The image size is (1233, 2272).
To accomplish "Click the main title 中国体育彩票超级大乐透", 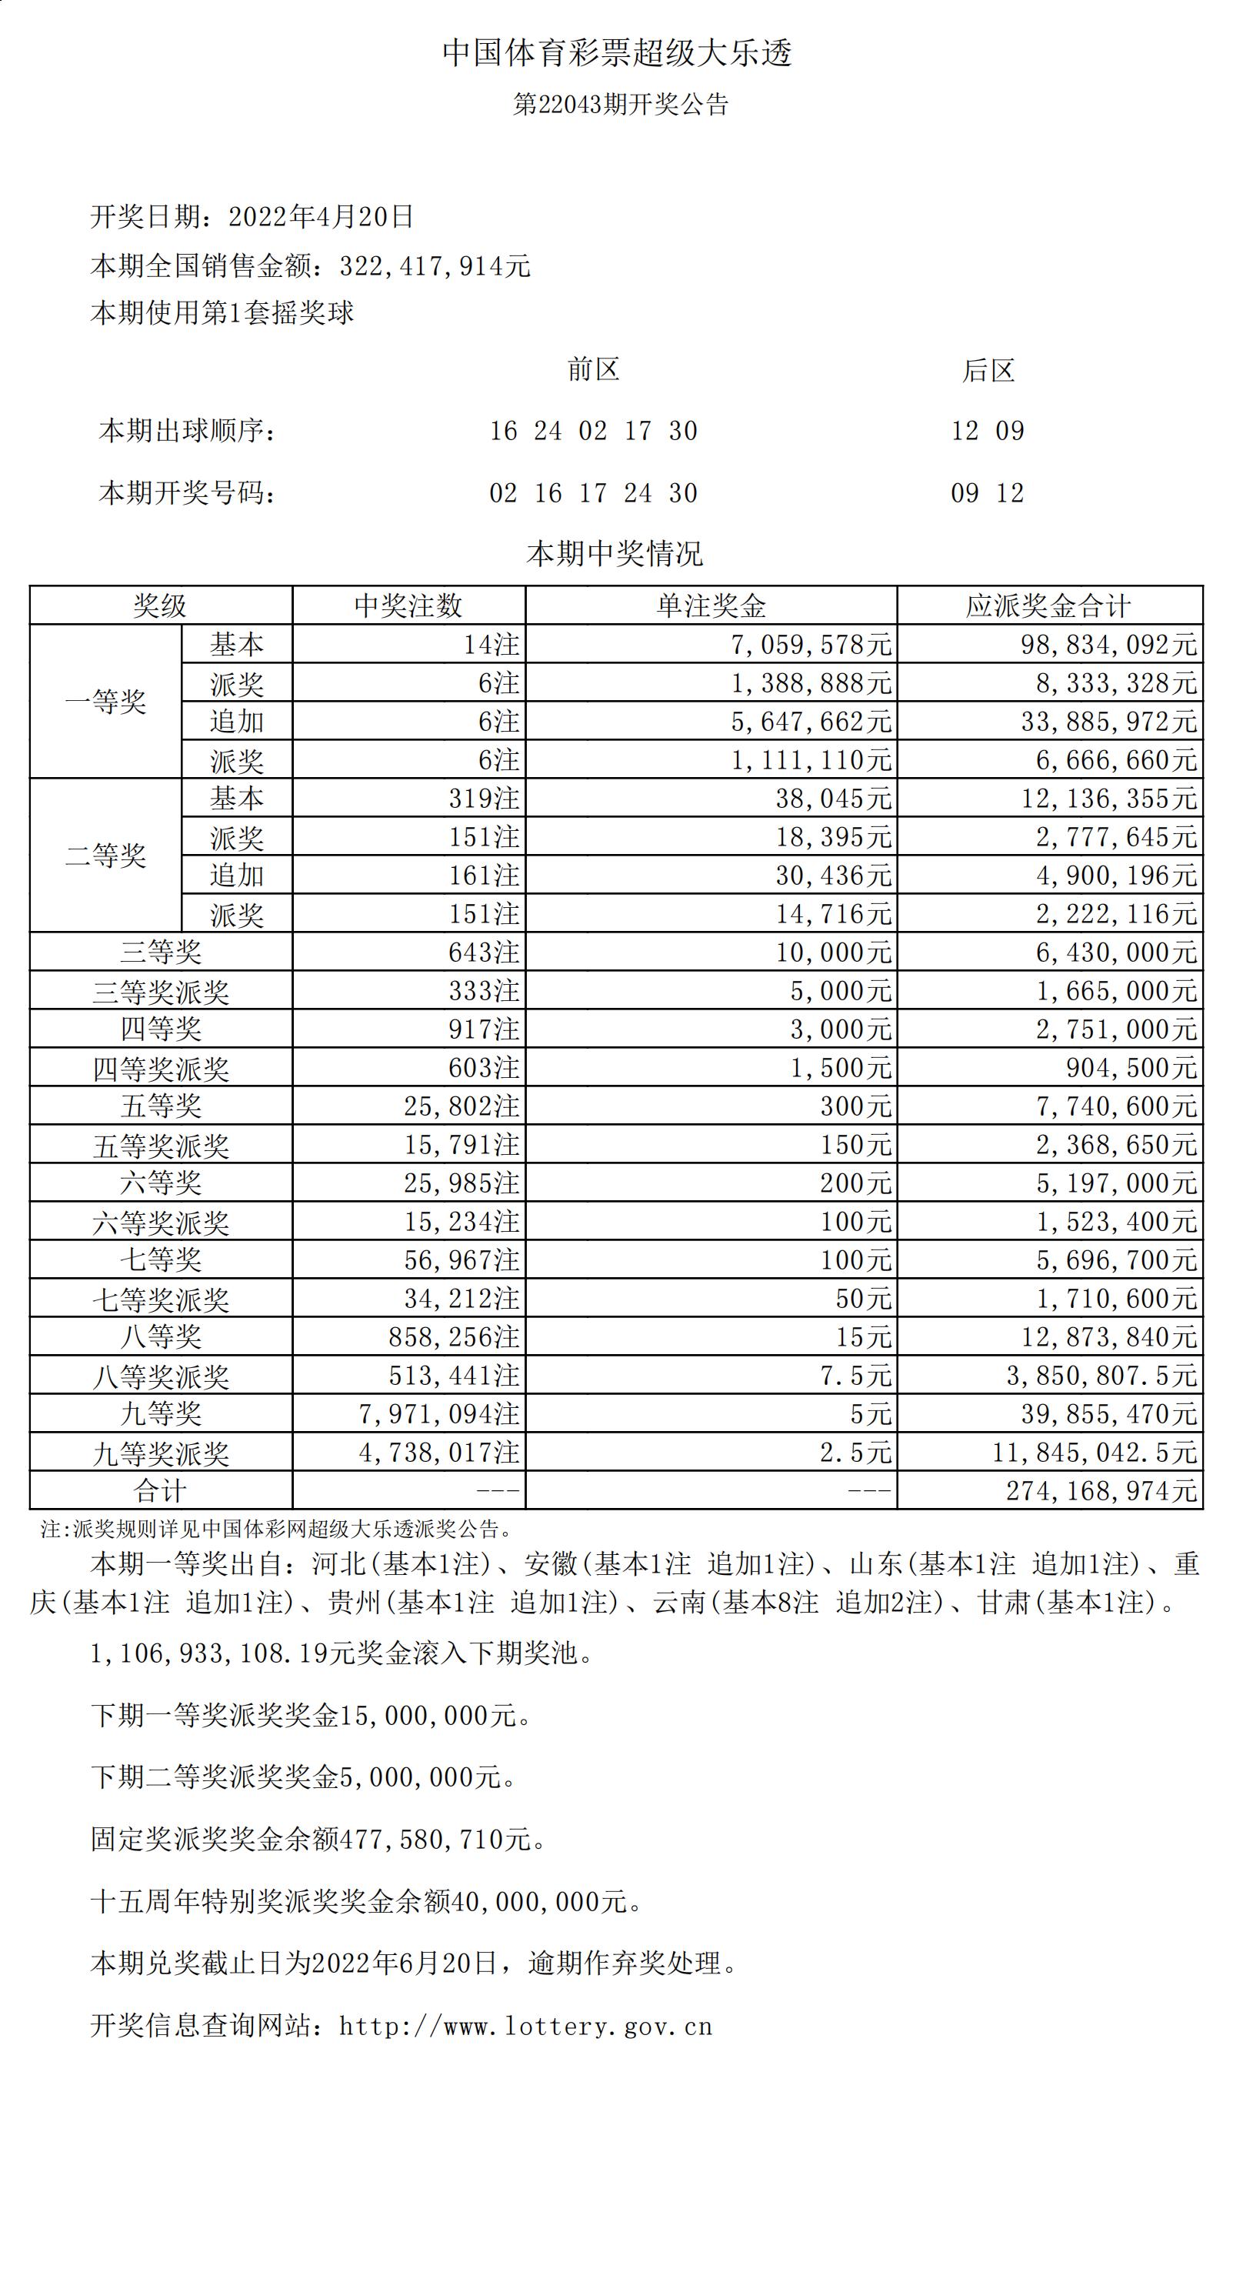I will pos(617,54).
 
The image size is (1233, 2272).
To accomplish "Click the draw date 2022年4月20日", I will pos(321,217).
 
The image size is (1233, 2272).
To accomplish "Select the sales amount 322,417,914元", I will pos(435,266).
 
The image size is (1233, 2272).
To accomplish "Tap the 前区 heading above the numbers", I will pos(594,369).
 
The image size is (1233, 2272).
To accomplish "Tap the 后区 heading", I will pos(988,370).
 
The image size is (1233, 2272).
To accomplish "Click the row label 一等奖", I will pos(106,702).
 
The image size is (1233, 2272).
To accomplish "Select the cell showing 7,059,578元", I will pos(811,645).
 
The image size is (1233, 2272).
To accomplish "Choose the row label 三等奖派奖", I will pos(161,991).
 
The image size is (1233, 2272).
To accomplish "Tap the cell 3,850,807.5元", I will pos(1101,1376).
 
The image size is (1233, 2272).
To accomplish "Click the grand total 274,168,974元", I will pos(1101,1490).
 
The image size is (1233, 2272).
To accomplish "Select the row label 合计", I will pos(161,1490).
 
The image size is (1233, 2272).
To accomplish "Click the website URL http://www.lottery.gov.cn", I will pos(525,2026).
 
